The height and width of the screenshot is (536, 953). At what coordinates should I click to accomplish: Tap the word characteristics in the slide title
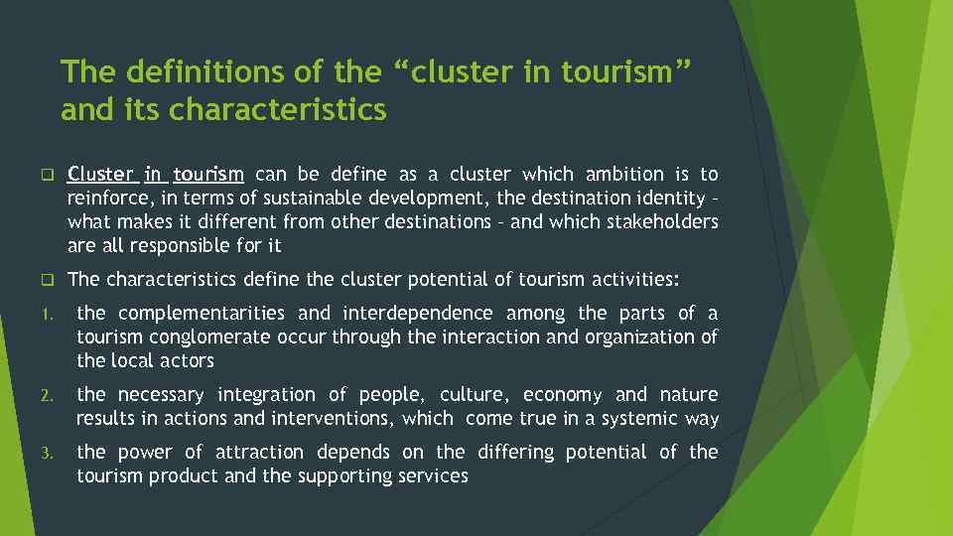point(278,110)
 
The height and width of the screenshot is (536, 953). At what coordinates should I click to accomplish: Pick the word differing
point(515,453)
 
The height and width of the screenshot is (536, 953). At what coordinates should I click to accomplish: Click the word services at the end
point(432,476)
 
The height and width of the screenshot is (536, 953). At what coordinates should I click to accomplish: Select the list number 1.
point(46,316)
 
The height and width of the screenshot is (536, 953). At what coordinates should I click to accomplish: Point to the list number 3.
point(46,454)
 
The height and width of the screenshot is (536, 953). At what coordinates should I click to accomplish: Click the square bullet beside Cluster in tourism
point(46,176)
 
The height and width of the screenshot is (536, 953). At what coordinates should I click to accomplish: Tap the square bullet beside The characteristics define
point(46,279)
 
